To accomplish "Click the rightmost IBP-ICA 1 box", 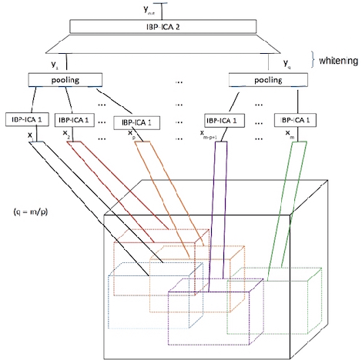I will click(x=294, y=120).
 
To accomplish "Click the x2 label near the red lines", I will click(x=68, y=132).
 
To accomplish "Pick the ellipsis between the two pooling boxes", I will click(x=179, y=79).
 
